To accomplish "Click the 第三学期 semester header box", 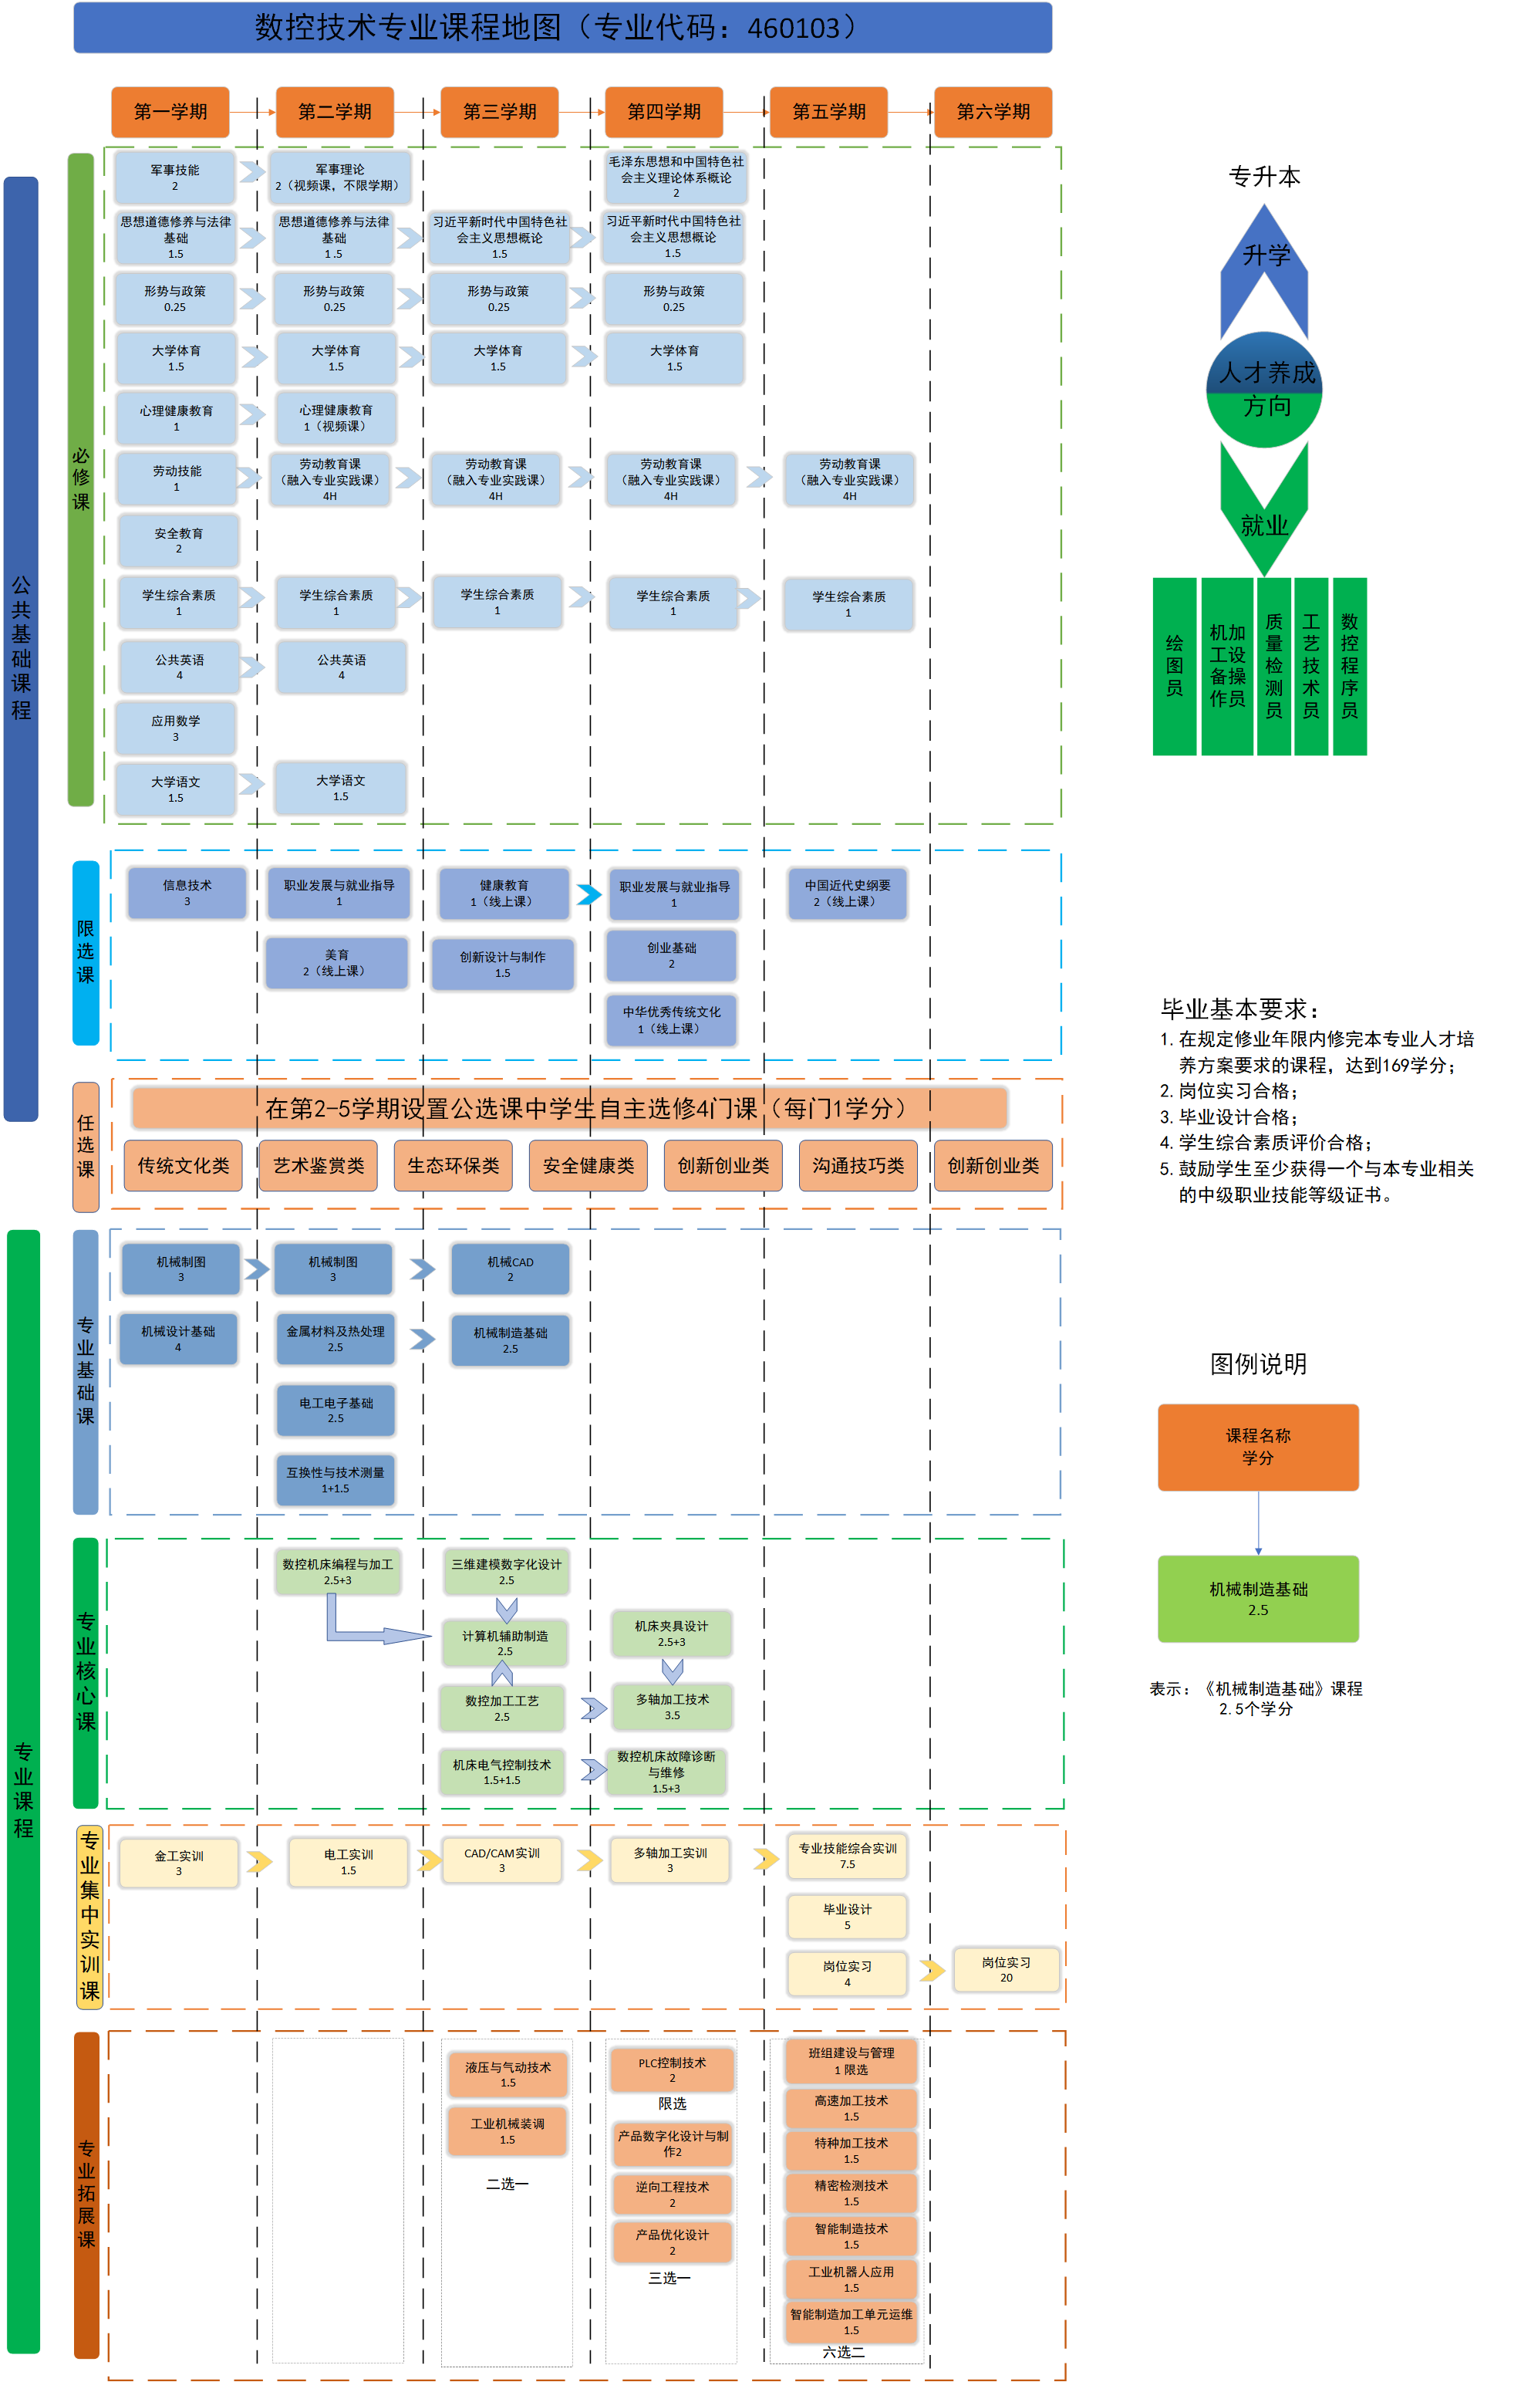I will point(500,112).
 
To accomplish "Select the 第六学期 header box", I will point(993,112).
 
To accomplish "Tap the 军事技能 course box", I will point(175,177).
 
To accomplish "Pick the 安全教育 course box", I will point(179,540).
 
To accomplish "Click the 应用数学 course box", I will point(176,728).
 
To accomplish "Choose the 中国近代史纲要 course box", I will point(848,894).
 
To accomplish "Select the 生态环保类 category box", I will point(453,1165).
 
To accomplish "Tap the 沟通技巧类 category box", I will point(858,1165).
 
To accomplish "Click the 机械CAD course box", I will point(511,1269).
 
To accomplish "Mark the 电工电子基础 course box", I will point(336,1410).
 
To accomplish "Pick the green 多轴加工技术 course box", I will point(673,1706).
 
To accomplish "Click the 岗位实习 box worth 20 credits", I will point(1006,1968).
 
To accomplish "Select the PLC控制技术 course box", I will point(673,2069).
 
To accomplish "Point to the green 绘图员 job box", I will point(1174,666).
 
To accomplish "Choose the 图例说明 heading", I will point(1258,1364).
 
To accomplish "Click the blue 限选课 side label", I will point(86,951).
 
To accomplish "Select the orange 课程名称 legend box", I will point(1258,1446).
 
